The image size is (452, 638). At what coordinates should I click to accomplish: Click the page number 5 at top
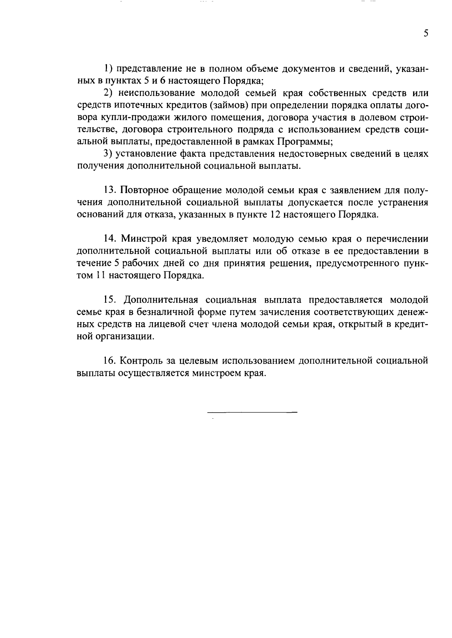tap(426, 34)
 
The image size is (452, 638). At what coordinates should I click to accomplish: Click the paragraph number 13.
tap(110, 190)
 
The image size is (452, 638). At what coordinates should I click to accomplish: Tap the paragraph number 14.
tap(110, 239)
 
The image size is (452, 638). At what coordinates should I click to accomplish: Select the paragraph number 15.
tap(110, 300)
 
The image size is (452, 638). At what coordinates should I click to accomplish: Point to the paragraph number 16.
tap(110, 361)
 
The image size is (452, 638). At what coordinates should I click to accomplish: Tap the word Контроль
tap(141, 361)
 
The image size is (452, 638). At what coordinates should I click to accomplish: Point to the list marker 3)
tap(108, 154)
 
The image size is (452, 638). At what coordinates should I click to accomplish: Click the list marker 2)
tap(108, 93)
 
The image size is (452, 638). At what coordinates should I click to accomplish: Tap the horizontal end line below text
tap(252, 412)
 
